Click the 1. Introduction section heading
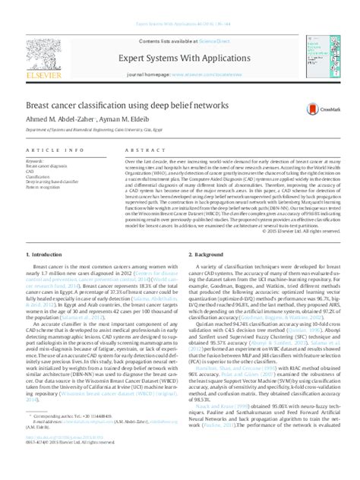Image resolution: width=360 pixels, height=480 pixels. tap(46, 251)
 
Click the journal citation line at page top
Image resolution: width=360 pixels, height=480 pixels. tap(179, 24)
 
